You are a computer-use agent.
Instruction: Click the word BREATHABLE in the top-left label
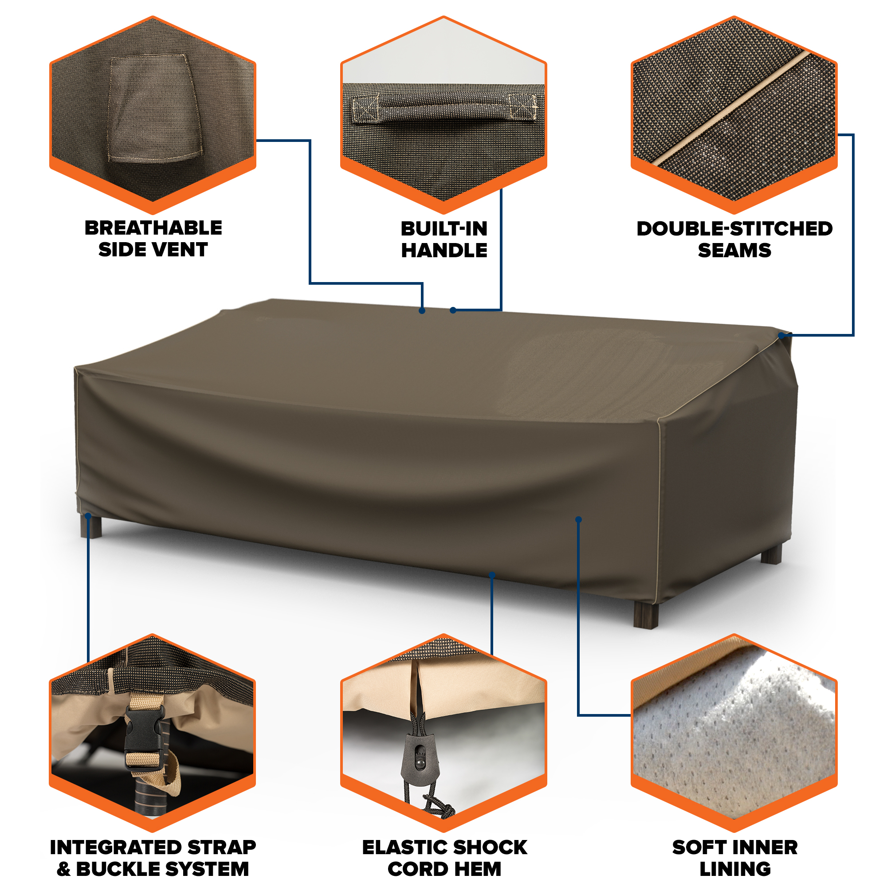153,228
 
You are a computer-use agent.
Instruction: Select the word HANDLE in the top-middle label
444,250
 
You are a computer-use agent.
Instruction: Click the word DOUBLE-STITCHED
734,229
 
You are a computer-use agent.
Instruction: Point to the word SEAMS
734,250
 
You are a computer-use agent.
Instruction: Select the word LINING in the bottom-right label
735,869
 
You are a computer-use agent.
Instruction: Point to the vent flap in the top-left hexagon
154,109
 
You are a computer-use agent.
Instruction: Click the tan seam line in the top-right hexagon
733,108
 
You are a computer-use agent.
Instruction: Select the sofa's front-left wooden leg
91,526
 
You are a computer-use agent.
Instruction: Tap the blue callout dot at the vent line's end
422,311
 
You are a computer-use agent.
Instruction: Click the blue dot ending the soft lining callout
578,520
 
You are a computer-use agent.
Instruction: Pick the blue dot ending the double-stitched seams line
781,336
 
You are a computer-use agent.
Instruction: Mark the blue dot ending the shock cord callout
492,575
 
